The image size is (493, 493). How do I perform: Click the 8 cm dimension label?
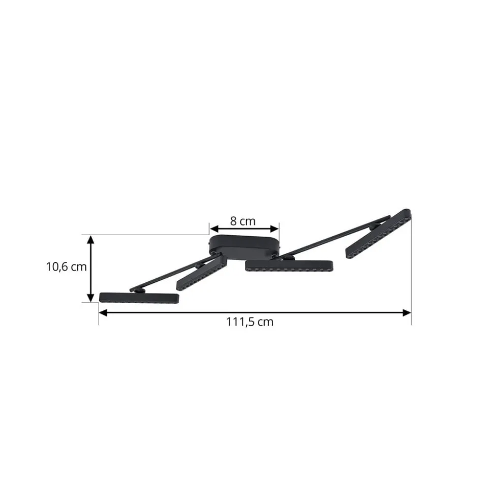[242, 221]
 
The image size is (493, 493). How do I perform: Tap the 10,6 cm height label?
[66, 267]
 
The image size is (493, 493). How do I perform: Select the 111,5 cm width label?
[250, 322]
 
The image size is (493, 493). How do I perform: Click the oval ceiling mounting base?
[244, 244]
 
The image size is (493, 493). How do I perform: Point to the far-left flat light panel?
[139, 298]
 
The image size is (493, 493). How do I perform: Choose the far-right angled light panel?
[379, 233]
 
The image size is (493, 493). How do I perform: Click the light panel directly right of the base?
[289, 266]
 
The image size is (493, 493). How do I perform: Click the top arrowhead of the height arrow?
[90, 239]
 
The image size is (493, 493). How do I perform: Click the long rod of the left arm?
[168, 277]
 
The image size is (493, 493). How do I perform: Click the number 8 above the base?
[233, 221]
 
